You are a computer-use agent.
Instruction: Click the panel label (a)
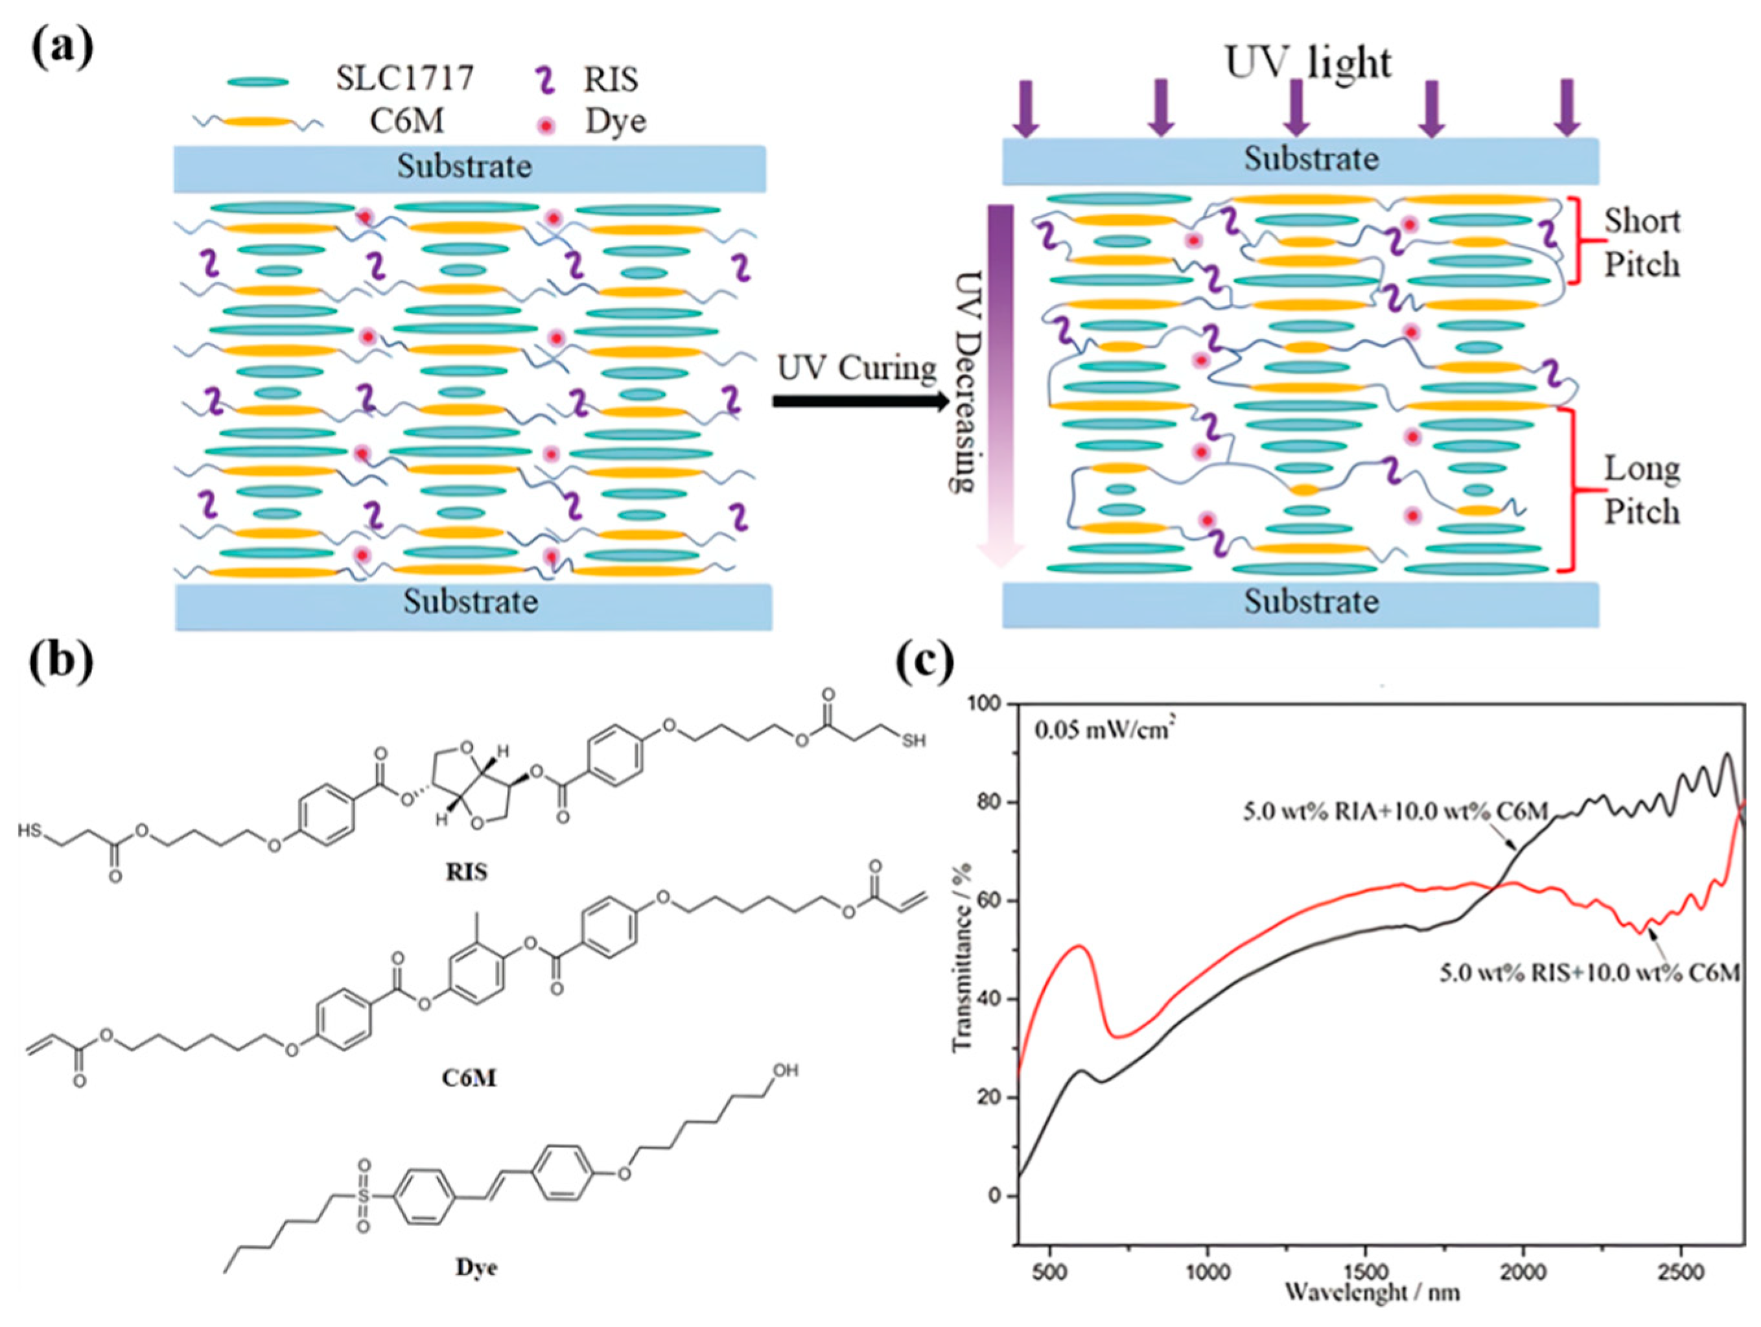[62, 48]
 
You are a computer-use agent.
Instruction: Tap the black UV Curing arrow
[860, 401]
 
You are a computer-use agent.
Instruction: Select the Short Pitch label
[1642, 242]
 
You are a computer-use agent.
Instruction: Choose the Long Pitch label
[1642, 490]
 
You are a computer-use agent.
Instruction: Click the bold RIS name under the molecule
[467, 871]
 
